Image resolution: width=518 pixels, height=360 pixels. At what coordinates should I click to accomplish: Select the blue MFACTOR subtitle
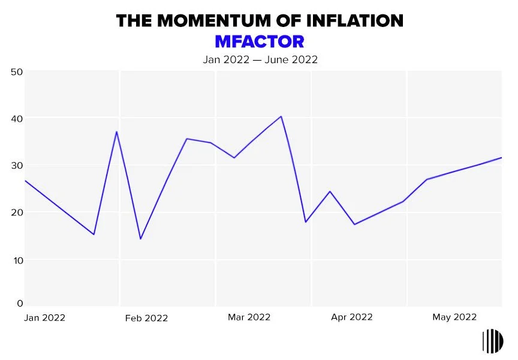point(259,41)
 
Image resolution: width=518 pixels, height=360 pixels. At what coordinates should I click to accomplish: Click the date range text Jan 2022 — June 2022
point(259,59)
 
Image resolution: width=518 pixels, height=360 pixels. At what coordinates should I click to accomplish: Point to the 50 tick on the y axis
point(17,72)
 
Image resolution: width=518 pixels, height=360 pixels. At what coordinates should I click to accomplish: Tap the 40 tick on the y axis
point(17,119)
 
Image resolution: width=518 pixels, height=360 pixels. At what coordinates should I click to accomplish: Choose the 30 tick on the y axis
point(17,166)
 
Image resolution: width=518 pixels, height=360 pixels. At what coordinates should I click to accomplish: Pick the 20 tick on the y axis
point(17,212)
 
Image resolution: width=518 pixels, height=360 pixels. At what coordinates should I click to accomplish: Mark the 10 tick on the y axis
point(17,260)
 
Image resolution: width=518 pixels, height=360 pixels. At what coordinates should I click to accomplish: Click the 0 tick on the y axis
point(19,304)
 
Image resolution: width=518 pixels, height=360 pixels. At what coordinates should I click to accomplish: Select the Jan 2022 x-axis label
point(44,317)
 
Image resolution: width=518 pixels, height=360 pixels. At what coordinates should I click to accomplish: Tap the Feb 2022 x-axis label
point(146,318)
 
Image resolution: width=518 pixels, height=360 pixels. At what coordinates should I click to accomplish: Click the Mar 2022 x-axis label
point(249,317)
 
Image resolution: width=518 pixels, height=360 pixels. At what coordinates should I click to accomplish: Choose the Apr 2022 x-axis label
point(351,317)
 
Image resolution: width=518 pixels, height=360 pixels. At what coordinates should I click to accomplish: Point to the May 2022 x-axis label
point(454,317)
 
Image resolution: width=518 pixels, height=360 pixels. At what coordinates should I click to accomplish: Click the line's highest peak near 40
point(281,116)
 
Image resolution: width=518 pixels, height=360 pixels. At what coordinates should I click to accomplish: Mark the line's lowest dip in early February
point(140,239)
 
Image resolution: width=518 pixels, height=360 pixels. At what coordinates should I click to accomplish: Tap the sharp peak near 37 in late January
point(116,131)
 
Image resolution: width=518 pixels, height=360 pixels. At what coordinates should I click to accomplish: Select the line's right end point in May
point(501,158)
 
